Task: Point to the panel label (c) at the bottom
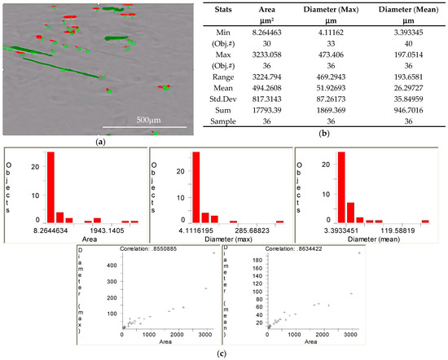(224, 354)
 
